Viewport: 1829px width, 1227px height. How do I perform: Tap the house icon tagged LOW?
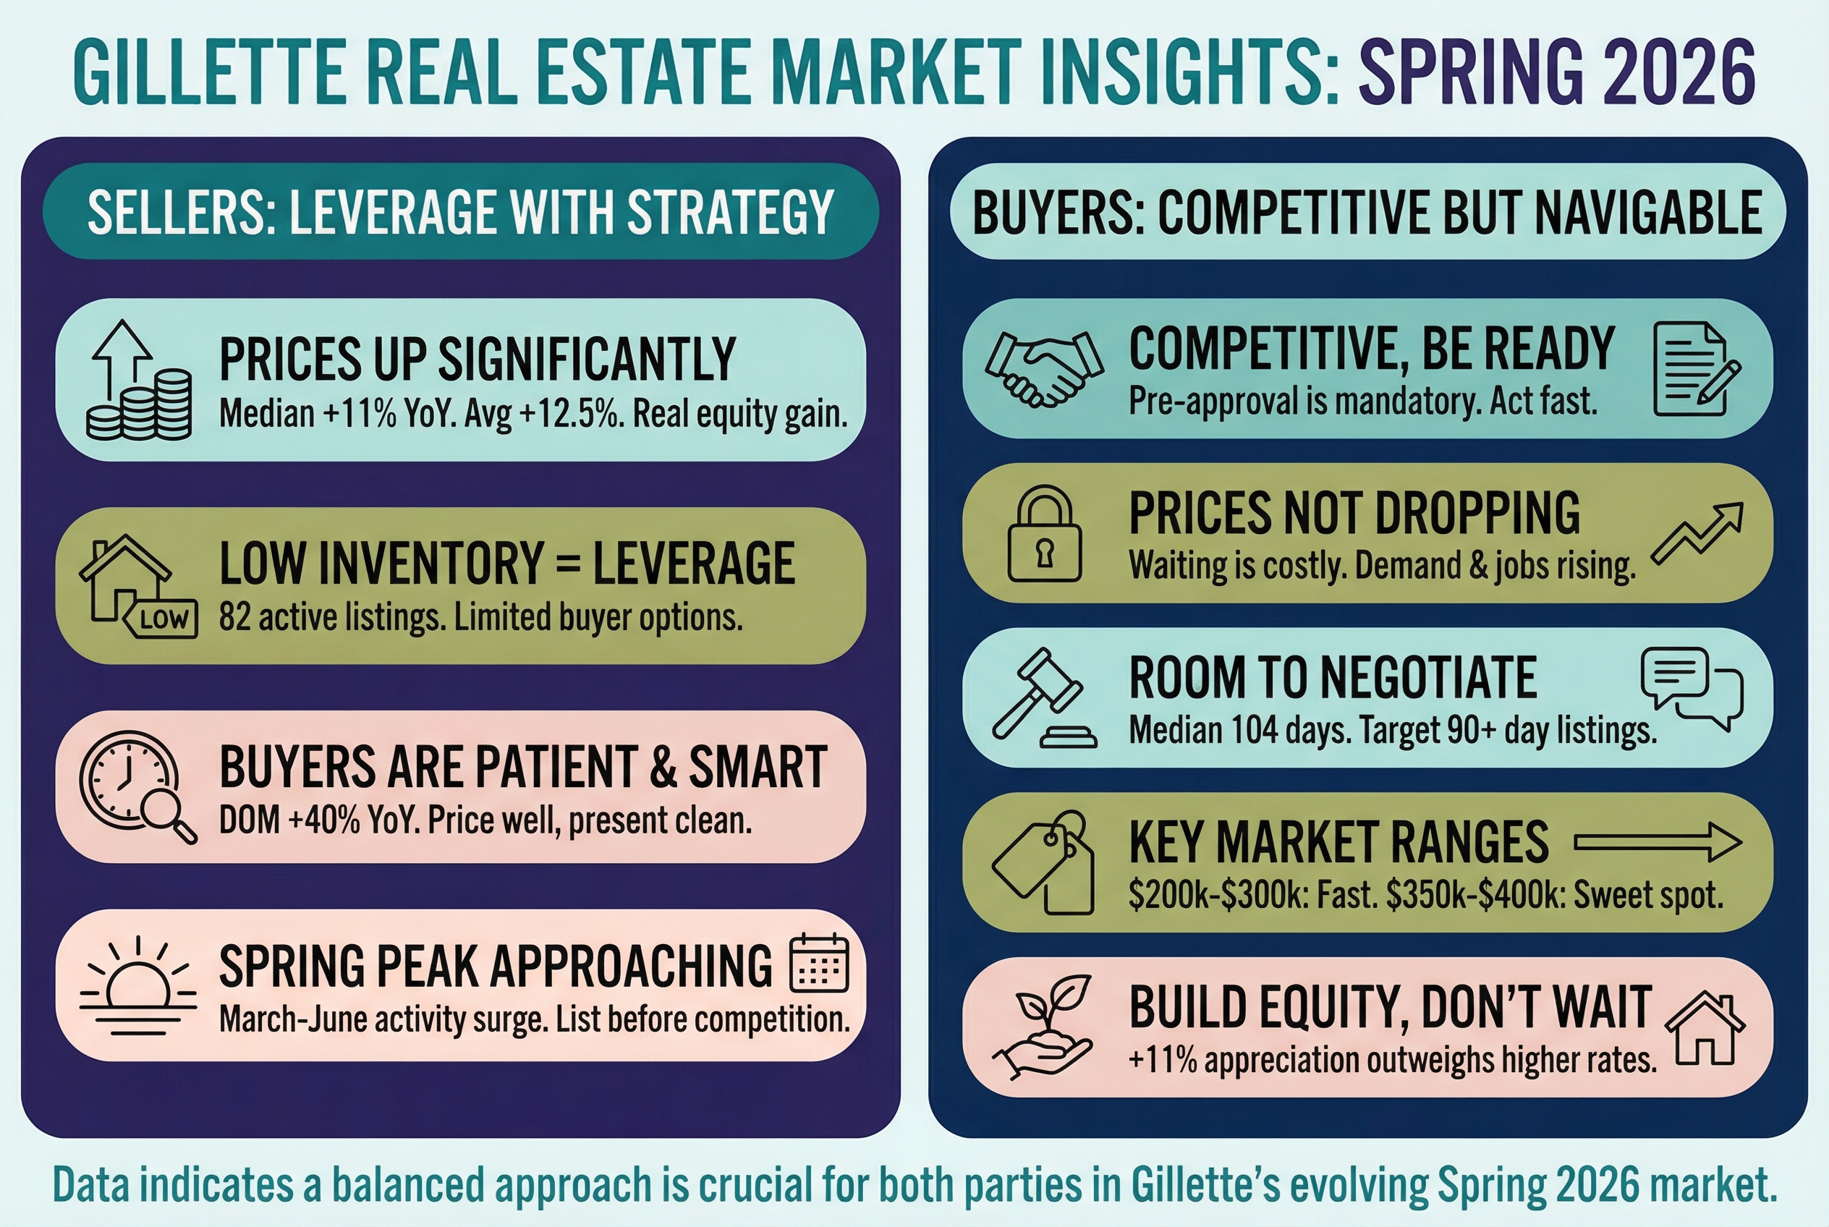click(137, 586)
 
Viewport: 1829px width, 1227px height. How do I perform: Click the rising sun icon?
click(137, 986)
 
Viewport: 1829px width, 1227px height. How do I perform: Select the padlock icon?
click(1044, 534)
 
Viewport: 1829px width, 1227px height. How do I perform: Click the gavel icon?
click(1044, 698)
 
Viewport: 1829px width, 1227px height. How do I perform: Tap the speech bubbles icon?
click(1692, 689)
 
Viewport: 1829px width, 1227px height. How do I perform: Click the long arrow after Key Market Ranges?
click(1658, 842)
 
